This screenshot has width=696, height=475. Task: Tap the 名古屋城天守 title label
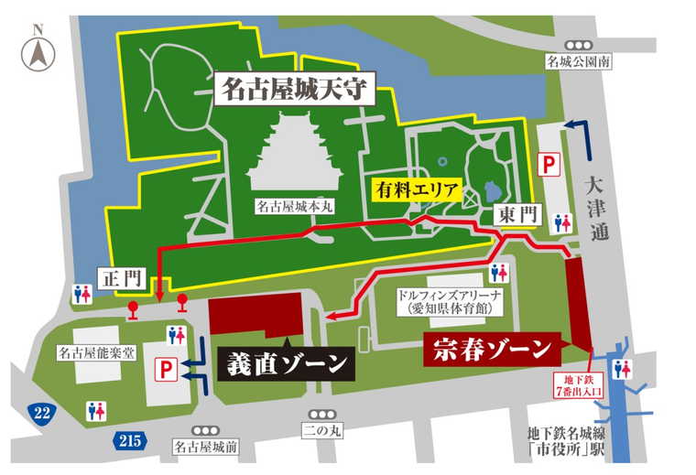click(293, 90)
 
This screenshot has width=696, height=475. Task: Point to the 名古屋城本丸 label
click(294, 208)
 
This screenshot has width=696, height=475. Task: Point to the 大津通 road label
click(600, 207)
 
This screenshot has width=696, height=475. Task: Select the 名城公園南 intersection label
click(579, 62)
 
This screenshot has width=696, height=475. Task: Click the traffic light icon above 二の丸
click(322, 414)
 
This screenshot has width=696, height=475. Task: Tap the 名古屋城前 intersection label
click(206, 447)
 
